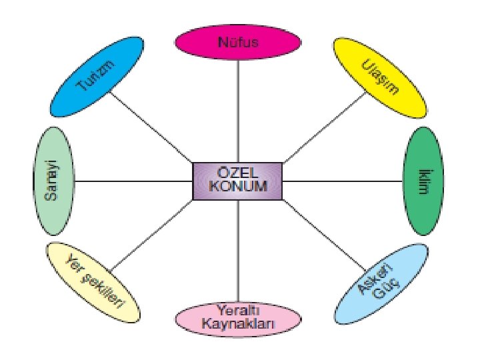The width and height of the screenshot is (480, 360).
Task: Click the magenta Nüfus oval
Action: (237, 42)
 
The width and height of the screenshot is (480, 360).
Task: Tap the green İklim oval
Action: (424, 180)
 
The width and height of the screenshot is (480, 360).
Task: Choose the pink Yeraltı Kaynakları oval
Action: (237, 318)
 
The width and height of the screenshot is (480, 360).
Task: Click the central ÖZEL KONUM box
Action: (238, 180)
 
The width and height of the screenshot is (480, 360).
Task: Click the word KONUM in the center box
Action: (238, 187)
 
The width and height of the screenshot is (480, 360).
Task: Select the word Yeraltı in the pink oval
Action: (237, 311)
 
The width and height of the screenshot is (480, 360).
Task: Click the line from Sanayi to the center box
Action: (133, 181)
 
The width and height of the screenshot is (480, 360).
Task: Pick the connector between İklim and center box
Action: (343, 181)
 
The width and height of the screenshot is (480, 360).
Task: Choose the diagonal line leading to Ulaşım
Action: (325, 129)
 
